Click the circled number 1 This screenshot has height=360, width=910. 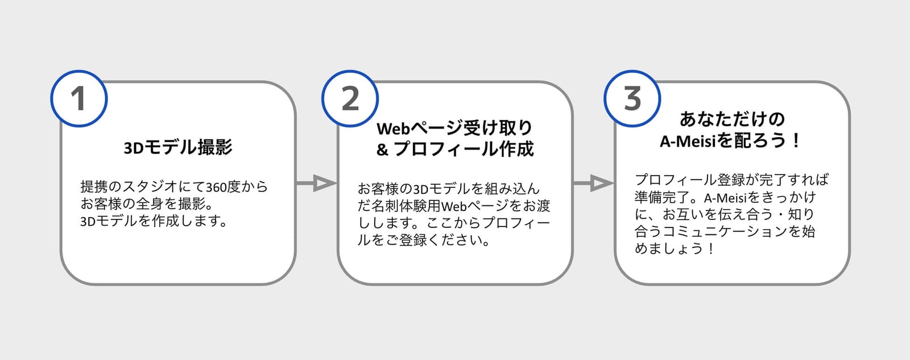(x=79, y=99)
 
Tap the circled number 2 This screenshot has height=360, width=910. (x=350, y=99)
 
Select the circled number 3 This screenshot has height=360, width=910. (x=632, y=99)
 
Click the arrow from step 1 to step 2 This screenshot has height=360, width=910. (x=317, y=183)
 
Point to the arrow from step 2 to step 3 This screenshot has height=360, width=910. (x=594, y=183)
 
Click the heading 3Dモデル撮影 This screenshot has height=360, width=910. (x=178, y=147)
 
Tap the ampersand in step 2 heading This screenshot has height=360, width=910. (x=382, y=150)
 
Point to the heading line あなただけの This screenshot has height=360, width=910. (x=732, y=119)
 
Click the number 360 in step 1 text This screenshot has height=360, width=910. (x=217, y=187)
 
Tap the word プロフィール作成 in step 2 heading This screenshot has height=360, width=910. (x=464, y=149)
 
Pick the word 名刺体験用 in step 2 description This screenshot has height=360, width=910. (x=406, y=206)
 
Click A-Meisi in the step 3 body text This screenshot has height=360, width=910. (x=726, y=198)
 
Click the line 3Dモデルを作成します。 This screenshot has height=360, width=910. (x=153, y=221)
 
